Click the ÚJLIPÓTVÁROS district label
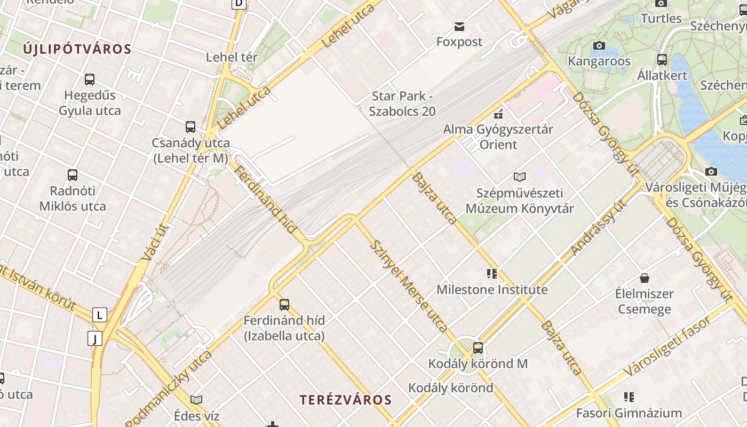tap(77, 49)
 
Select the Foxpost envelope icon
tap(459, 26)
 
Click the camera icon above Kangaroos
tap(599, 46)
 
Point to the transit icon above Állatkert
tap(662, 59)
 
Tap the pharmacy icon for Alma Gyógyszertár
tap(498, 114)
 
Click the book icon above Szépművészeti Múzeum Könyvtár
tap(519, 177)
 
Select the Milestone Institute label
tap(492, 290)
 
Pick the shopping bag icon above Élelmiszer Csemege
tap(644, 278)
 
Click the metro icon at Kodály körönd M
tap(478, 348)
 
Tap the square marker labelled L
tap(99, 315)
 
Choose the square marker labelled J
tap(95, 338)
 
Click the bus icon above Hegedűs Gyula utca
tap(90, 80)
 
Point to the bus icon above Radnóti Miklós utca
tap(73, 175)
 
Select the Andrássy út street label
tap(598, 227)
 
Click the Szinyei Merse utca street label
tap(408, 286)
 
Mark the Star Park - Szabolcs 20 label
tap(403, 104)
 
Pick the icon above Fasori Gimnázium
tap(629, 397)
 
